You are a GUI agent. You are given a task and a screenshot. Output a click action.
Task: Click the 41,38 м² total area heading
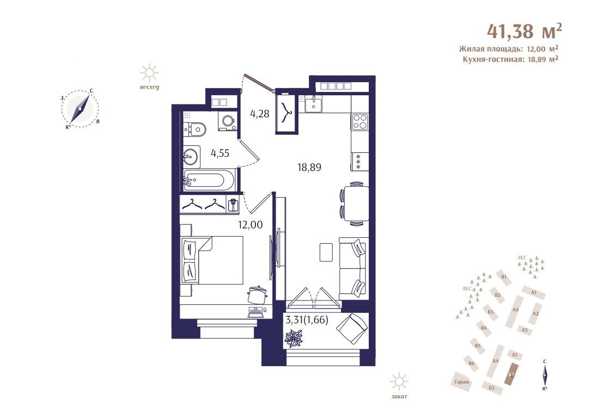coord(524,31)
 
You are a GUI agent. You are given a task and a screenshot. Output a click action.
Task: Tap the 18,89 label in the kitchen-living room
coord(309,167)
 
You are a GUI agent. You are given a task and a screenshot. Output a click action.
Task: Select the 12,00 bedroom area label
coord(250,225)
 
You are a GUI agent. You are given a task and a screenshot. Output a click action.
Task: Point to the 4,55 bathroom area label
coord(220,153)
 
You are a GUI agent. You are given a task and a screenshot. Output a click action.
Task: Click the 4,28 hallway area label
coord(260,113)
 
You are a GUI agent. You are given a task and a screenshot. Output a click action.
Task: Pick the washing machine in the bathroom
coord(227,121)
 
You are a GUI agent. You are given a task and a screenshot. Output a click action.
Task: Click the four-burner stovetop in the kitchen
coord(360,122)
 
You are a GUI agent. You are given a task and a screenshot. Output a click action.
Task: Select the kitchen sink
coord(313,104)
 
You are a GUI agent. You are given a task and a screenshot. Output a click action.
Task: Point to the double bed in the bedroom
coord(212,260)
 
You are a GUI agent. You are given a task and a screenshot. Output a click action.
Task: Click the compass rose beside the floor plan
coord(80,108)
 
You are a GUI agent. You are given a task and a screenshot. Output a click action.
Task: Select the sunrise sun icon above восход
coord(149,72)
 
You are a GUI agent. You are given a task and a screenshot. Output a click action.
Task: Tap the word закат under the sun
coord(399,396)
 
